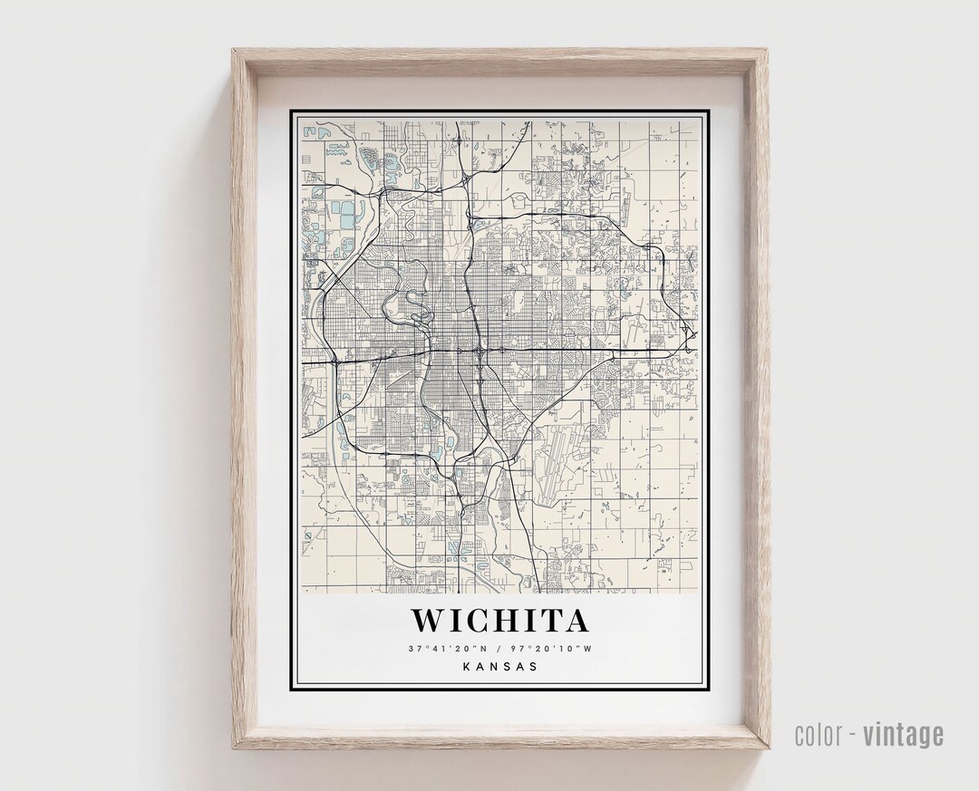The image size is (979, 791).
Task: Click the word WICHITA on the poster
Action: click(500, 621)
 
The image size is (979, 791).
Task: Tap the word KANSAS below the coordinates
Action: click(500, 666)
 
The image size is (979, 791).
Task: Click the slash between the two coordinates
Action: click(499, 649)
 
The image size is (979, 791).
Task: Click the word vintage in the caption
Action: click(903, 734)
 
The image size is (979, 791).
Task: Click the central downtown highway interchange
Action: click(478, 348)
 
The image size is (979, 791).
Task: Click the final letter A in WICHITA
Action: click(577, 621)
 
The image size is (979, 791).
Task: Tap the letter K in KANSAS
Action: click(466, 666)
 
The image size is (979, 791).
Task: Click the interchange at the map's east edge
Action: click(691, 339)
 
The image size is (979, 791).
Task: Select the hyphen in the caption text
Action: click(853, 735)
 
